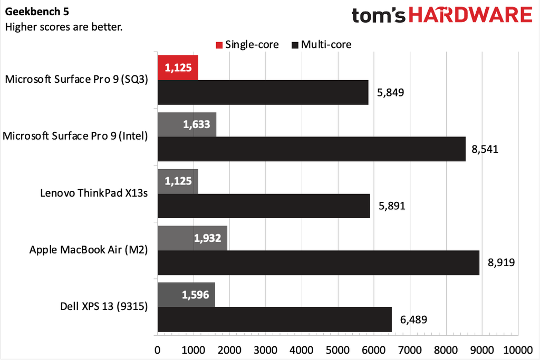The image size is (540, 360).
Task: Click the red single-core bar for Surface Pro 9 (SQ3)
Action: (178, 67)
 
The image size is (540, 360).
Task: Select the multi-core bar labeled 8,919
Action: (318, 262)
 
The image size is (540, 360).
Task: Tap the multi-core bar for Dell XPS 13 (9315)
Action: (274, 319)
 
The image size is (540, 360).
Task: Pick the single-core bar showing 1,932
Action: (192, 238)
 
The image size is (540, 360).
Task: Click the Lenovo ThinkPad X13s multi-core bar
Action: (263, 206)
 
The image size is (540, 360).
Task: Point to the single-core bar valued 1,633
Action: (187, 124)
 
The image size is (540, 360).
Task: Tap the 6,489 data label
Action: (414, 319)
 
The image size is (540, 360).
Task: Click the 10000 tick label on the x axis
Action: (517, 349)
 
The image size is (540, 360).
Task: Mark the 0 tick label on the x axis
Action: (157, 349)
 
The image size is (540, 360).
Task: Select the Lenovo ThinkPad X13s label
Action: (94, 193)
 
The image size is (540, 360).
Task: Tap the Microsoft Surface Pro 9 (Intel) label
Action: (75, 136)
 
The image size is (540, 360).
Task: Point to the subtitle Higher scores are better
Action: (64, 26)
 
